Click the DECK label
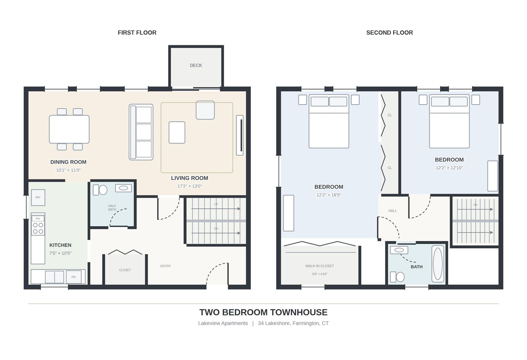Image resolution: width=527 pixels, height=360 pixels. click(x=196, y=65)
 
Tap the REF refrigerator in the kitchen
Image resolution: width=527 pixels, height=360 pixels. click(x=38, y=197)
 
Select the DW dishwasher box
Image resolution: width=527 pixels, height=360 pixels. click(x=74, y=277)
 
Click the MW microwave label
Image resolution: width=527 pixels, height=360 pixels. click(x=38, y=218)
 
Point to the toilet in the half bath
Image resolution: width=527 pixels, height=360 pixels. click(x=100, y=190)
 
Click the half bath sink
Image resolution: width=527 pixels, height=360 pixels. click(x=123, y=188)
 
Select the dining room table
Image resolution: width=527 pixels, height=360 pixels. click(x=69, y=129)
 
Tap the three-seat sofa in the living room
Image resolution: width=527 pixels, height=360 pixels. click(x=141, y=132)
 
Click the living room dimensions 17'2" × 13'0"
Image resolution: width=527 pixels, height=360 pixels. click(x=190, y=186)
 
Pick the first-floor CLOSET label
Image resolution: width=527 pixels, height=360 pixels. click(x=125, y=270)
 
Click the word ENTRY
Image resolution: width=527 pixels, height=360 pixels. click(x=166, y=266)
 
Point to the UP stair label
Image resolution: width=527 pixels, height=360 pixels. click(x=216, y=204)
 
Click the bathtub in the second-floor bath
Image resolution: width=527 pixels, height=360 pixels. click(x=438, y=264)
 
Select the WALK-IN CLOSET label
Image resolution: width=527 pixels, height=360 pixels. click(x=319, y=266)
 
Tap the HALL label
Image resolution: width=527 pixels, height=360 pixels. click(x=392, y=211)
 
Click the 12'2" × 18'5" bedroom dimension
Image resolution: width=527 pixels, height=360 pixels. click(x=329, y=195)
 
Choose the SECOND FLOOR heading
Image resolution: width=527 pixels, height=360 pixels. click(x=390, y=33)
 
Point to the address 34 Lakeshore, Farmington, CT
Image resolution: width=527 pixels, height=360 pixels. click(x=293, y=323)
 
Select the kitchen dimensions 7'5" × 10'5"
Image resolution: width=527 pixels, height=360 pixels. click(x=60, y=253)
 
